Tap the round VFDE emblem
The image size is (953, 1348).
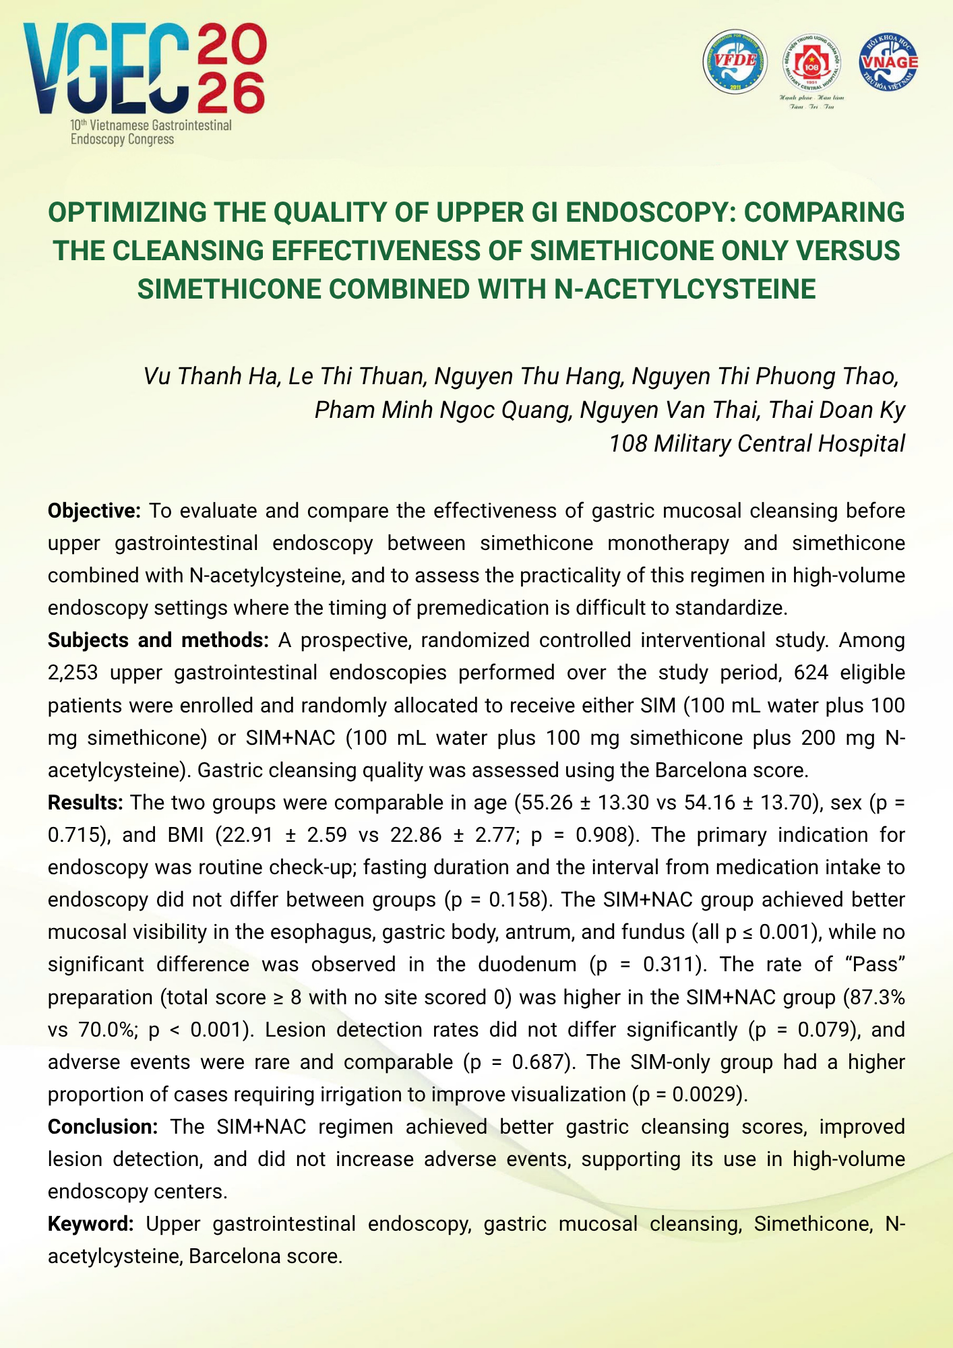click(735, 62)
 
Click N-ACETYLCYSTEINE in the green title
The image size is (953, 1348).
click(685, 289)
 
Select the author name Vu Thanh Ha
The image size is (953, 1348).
click(211, 376)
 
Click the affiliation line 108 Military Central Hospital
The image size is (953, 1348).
click(756, 443)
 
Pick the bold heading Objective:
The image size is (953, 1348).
click(94, 511)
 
